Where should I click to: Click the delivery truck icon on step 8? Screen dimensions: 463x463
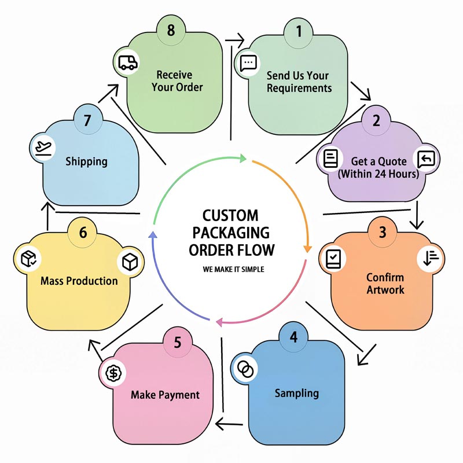click(x=127, y=63)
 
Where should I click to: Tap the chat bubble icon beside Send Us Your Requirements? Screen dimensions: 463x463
click(x=248, y=62)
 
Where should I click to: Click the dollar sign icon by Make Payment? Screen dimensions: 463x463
click(x=113, y=373)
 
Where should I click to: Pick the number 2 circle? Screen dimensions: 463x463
click(x=376, y=121)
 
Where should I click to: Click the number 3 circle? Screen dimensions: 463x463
click(x=383, y=232)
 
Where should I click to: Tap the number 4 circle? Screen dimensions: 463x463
click(x=293, y=337)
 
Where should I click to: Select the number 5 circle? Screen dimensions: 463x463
click(x=177, y=342)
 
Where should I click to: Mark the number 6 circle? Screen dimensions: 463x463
click(x=83, y=233)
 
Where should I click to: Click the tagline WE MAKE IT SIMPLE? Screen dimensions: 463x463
click(x=234, y=270)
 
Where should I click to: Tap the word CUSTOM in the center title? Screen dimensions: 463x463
click(x=230, y=216)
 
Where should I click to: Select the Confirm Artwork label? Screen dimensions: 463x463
click(x=385, y=283)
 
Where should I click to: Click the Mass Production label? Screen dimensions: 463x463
click(x=79, y=281)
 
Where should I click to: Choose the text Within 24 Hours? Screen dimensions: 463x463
click(x=379, y=174)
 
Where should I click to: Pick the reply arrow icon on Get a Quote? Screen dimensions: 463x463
click(x=425, y=158)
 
